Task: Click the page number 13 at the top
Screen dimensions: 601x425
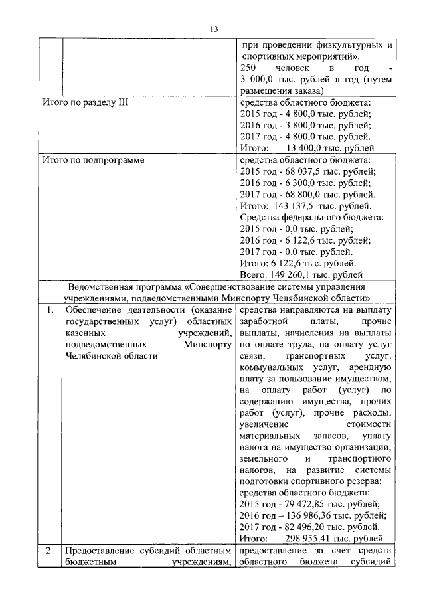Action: [213, 29]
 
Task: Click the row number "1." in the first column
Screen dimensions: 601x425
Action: [50, 309]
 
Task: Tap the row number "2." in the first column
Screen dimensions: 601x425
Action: [50, 551]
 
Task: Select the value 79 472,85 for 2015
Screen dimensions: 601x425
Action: [303, 504]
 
